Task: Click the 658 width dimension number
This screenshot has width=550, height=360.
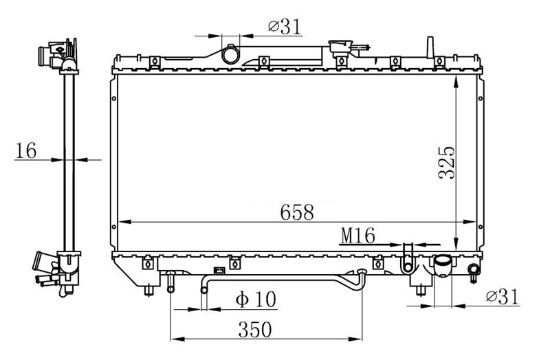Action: [x=297, y=212]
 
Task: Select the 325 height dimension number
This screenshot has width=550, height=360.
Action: [x=446, y=163]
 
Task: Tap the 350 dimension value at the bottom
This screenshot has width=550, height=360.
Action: [x=255, y=329]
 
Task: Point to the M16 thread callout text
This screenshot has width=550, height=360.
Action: [x=357, y=236]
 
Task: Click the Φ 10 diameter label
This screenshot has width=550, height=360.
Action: [x=256, y=299]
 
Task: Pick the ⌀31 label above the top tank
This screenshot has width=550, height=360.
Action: [x=285, y=27]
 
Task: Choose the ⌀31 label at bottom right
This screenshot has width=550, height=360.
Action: [x=502, y=297]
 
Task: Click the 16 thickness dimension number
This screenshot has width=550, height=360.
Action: [x=26, y=150]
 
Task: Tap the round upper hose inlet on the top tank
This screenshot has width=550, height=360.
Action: [x=230, y=55]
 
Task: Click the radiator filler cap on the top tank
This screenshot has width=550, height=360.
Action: [x=340, y=47]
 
